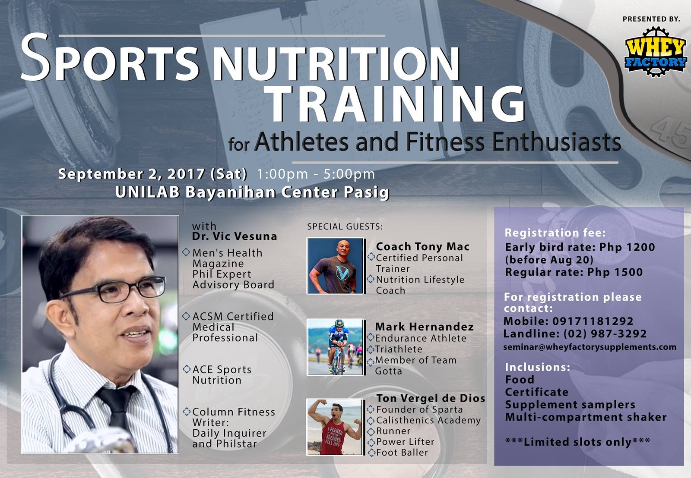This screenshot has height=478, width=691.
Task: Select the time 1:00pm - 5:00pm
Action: [x=316, y=174]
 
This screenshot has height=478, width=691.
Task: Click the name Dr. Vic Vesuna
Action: [x=235, y=236]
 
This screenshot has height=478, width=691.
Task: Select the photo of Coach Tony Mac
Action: [x=336, y=266]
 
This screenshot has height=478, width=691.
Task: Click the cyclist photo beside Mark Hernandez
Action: [x=336, y=347]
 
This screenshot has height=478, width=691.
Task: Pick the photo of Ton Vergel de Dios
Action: [x=335, y=427]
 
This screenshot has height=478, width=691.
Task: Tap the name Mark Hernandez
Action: [x=424, y=327]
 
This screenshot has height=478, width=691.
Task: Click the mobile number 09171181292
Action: [x=593, y=321]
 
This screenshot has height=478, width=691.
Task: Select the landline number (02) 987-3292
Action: [x=605, y=334]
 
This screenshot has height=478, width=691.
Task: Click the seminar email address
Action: [x=590, y=347]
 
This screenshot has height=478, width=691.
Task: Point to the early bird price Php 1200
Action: [x=628, y=247]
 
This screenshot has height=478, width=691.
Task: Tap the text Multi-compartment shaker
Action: [x=586, y=417]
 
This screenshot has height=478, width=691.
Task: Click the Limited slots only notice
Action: [x=577, y=442]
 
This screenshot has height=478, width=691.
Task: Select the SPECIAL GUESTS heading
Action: [x=345, y=226]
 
